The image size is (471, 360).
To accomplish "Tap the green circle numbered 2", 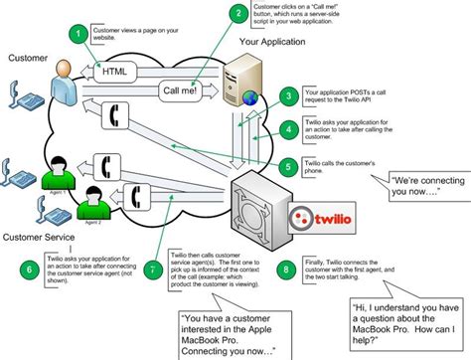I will (x=235, y=14).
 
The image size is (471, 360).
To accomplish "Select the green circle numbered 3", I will (x=288, y=96).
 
